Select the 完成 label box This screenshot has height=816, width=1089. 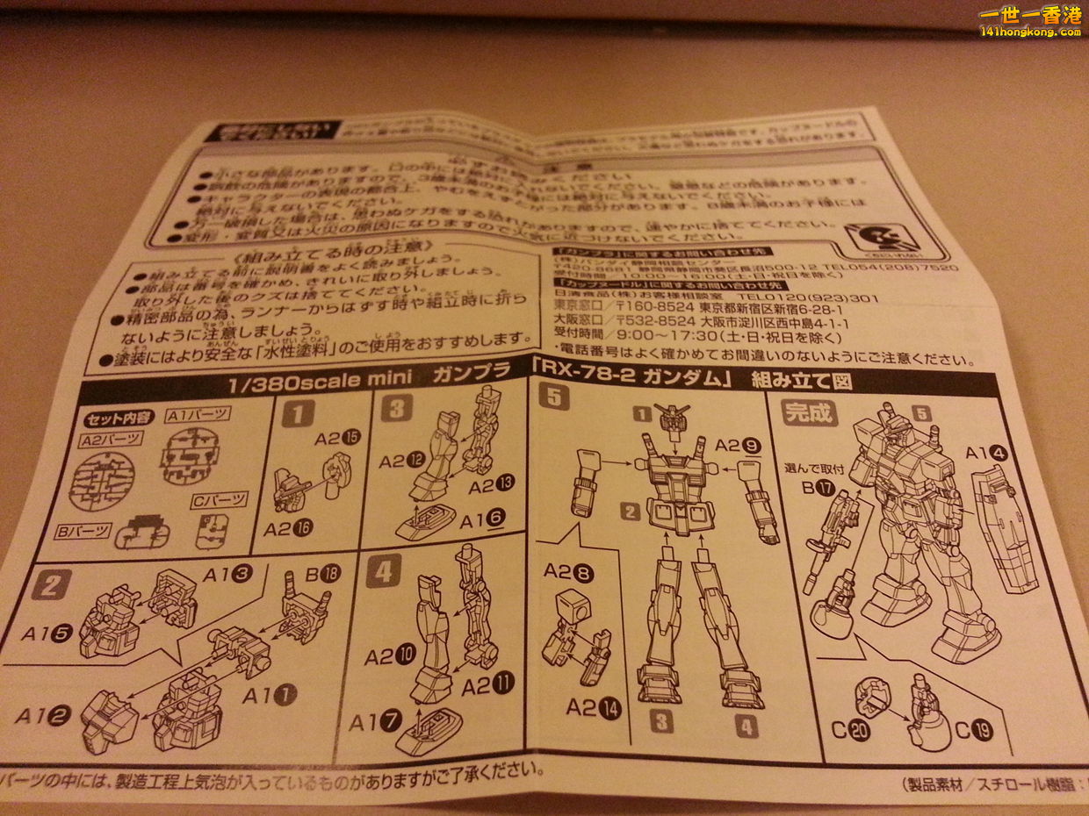tap(809, 412)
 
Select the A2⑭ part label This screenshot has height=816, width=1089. tap(594, 707)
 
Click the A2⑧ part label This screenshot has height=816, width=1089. tap(568, 572)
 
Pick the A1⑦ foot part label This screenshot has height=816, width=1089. tap(375, 722)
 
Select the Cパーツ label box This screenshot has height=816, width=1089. tap(219, 501)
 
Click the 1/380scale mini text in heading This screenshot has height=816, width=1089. tap(279, 384)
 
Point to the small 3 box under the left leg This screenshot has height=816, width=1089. tap(661, 722)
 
